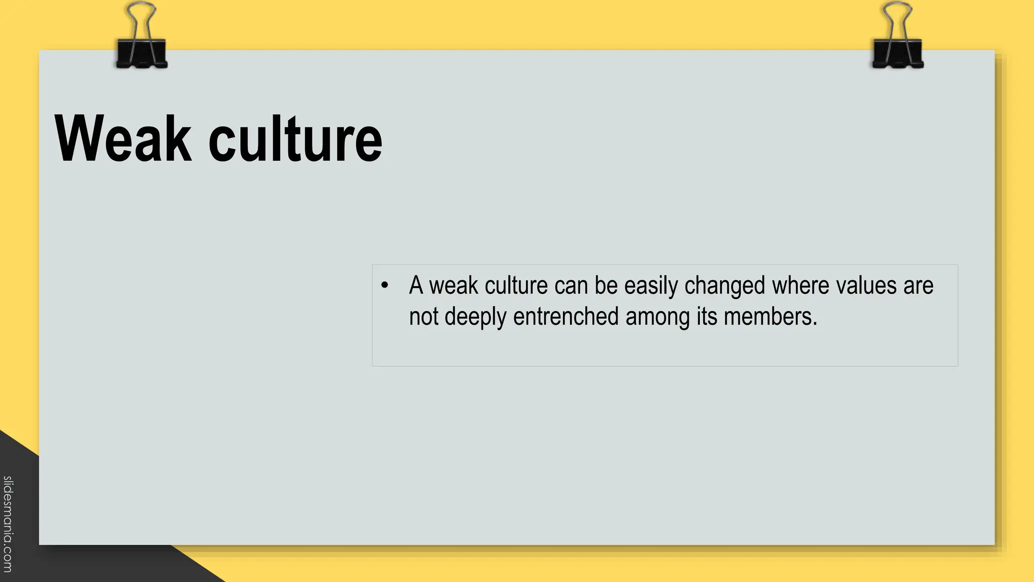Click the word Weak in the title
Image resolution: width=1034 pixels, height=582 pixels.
(x=123, y=139)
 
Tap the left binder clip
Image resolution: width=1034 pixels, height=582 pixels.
(x=141, y=53)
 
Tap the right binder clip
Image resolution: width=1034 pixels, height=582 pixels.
(x=898, y=53)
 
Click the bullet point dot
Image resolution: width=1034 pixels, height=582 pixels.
(x=385, y=285)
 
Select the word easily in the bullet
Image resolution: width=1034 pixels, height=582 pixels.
(x=651, y=286)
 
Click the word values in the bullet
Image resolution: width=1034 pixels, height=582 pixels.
(x=866, y=285)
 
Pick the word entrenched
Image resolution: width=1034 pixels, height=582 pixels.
(x=566, y=317)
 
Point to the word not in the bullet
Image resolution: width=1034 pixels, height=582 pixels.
(x=423, y=317)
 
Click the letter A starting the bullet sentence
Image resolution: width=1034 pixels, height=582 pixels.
(x=416, y=285)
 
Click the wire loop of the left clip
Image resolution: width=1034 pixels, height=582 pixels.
(x=142, y=15)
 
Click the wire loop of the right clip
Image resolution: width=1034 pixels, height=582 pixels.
(x=898, y=15)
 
